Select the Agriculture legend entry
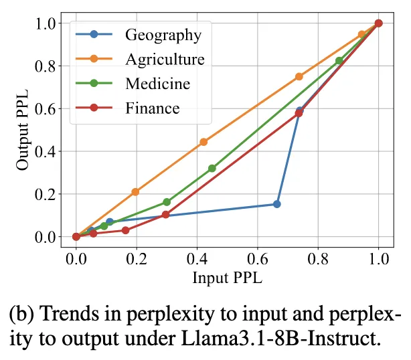(165, 59)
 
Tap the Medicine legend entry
(157, 84)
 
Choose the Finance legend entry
(152, 108)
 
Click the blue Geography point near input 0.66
(276, 204)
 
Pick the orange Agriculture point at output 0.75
(299, 76)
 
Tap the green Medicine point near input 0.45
(212, 169)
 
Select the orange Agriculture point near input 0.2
(135, 192)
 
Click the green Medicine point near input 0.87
(339, 61)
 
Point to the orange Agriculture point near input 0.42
(204, 142)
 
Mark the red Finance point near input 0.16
(125, 230)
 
